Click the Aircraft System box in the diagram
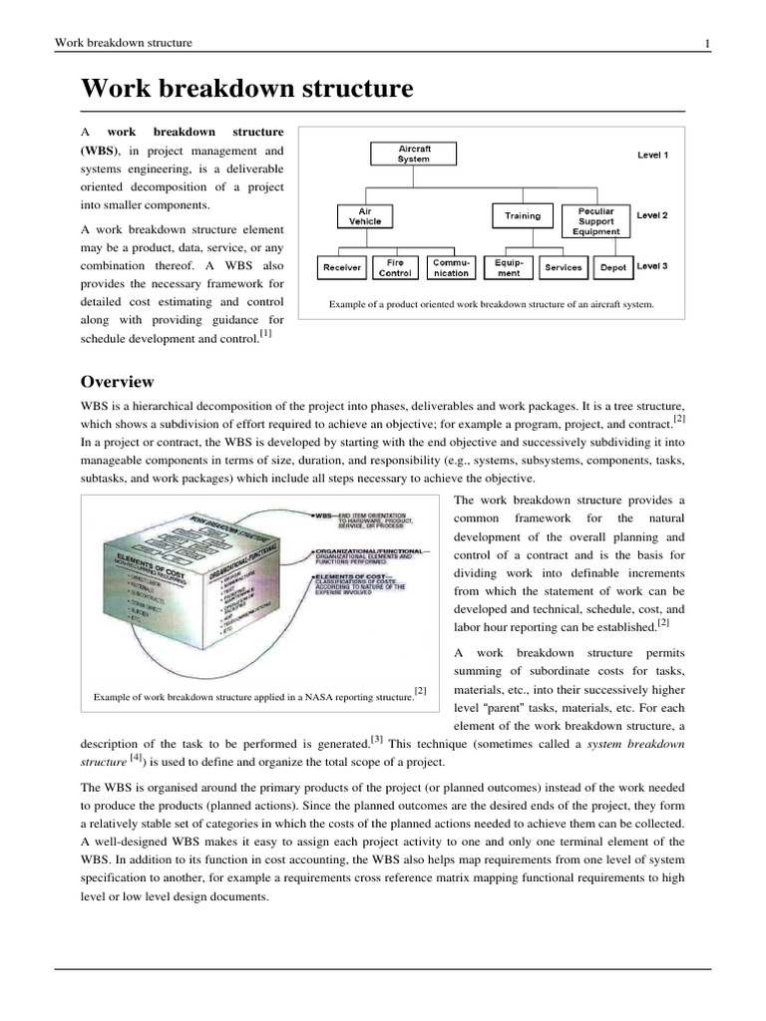(x=414, y=154)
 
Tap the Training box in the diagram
(x=523, y=215)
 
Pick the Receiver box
(x=342, y=267)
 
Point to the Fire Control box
(x=396, y=267)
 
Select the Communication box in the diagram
(x=452, y=267)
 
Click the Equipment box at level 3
(x=509, y=267)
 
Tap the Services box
(x=564, y=267)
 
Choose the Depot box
(x=612, y=267)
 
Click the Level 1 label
(x=652, y=156)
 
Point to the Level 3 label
(x=652, y=266)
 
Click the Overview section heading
(x=117, y=382)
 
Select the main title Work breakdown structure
(x=246, y=89)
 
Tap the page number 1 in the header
(x=706, y=43)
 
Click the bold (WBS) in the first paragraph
(x=99, y=151)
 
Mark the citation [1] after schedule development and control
(x=265, y=335)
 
